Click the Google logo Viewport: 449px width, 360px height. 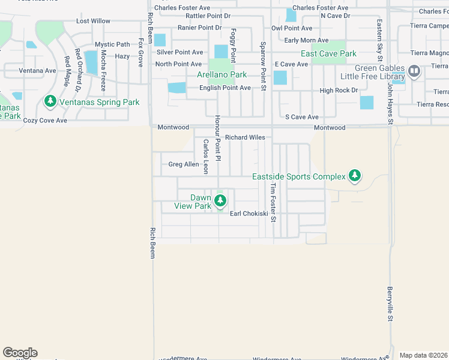[20, 353]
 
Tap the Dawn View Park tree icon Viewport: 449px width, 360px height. [220, 202]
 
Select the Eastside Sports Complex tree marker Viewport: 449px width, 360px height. [355, 176]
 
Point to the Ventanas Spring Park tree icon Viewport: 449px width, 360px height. [52, 102]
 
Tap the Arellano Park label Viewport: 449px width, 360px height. [222, 75]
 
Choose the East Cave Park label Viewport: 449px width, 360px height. [329, 53]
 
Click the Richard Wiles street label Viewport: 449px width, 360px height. [245, 137]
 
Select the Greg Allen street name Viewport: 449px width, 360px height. [183, 164]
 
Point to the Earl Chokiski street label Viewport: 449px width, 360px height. [249, 214]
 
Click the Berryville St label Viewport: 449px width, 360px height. [390, 304]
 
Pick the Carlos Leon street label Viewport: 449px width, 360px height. [205, 157]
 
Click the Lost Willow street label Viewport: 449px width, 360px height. [93, 21]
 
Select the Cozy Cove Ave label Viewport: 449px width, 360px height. [45, 121]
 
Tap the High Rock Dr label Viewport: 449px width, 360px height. [339, 91]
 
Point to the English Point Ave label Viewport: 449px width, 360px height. [225, 88]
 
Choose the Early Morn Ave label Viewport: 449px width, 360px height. [306, 40]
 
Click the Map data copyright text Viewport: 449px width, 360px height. [423, 355]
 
